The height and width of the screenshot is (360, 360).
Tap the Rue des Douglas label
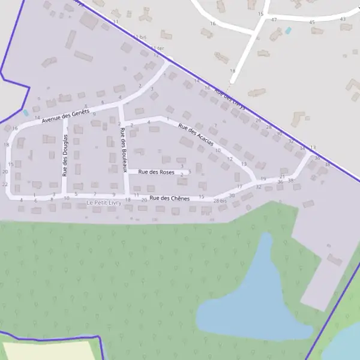coord(65,155)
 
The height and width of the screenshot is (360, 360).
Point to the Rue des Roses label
coord(156,172)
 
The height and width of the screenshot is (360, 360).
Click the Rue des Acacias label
coord(196,135)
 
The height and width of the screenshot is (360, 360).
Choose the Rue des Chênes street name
coord(169,199)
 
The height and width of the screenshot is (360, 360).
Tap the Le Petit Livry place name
coord(104,203)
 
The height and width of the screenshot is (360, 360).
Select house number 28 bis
coord(220,200)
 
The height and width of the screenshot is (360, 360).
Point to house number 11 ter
coord(157,48)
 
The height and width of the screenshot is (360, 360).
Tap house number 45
coord(311,22)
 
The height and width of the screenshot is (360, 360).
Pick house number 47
coord(274,20)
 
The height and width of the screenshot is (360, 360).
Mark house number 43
coord(343,19)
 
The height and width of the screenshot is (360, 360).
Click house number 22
coord(5,184)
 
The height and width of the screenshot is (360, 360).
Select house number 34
coord(302,148)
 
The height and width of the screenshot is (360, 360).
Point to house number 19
coord(263,179)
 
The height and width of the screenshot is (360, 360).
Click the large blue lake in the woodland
coord(252,300)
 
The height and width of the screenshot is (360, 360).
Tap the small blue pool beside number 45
coord(288,30)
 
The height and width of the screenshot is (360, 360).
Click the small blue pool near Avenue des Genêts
coord(25,112)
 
